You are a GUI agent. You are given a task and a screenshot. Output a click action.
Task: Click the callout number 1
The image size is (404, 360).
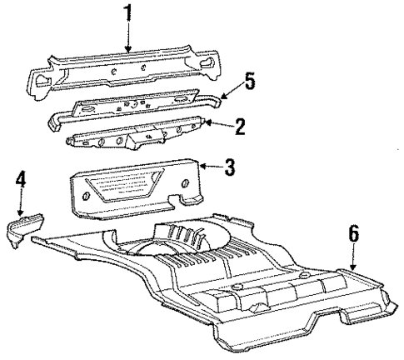pyautogui.click(x=127, y=14)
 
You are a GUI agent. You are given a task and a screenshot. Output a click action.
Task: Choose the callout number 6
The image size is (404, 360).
pyautogui.click(x=353, y=236)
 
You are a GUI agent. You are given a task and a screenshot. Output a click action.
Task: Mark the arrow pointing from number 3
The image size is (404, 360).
pyautogui.click(x=210, y=167)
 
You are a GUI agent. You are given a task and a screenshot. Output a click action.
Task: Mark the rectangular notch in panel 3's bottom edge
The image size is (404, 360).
pyautogui.click(x=177, y=200)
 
